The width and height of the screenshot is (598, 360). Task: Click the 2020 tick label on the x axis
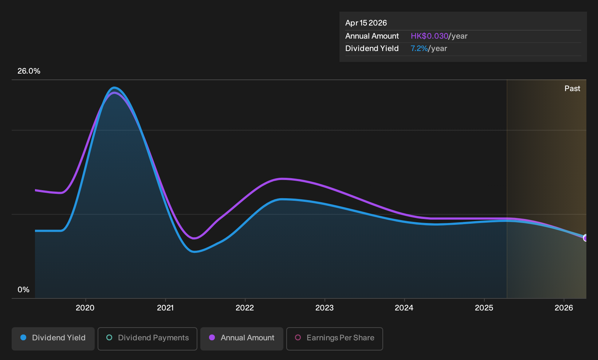[85, 308]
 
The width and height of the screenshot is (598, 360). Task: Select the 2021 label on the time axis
[165, 308]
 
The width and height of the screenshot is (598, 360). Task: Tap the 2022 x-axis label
[245, 308]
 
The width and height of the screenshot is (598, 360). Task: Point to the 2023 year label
[324, 308]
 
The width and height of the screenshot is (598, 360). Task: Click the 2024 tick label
[404, 308]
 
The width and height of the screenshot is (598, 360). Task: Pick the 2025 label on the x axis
[484, 308]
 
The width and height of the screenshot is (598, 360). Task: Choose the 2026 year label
[564, 308]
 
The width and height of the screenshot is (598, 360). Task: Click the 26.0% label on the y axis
[29, 71]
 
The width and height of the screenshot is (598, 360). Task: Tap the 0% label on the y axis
[24, 290]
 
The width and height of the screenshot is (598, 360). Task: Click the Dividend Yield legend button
[53, 339]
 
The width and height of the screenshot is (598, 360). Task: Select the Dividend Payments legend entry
[147, 339]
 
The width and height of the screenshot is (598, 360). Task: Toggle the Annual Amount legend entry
[241, 339]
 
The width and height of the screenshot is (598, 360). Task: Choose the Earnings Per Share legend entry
[334, 339]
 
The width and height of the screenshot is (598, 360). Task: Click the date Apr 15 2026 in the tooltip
[366, 23]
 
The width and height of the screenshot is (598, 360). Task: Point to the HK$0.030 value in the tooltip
[429, 36]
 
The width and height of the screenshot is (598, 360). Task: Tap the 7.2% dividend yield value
[419, 48]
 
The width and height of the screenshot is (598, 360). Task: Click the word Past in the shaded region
[572, 89]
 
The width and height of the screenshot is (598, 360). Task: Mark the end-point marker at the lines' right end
[586, 238]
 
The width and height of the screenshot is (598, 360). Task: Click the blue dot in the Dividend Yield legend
[24, 337]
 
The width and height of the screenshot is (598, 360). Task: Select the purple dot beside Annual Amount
[212, 337]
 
